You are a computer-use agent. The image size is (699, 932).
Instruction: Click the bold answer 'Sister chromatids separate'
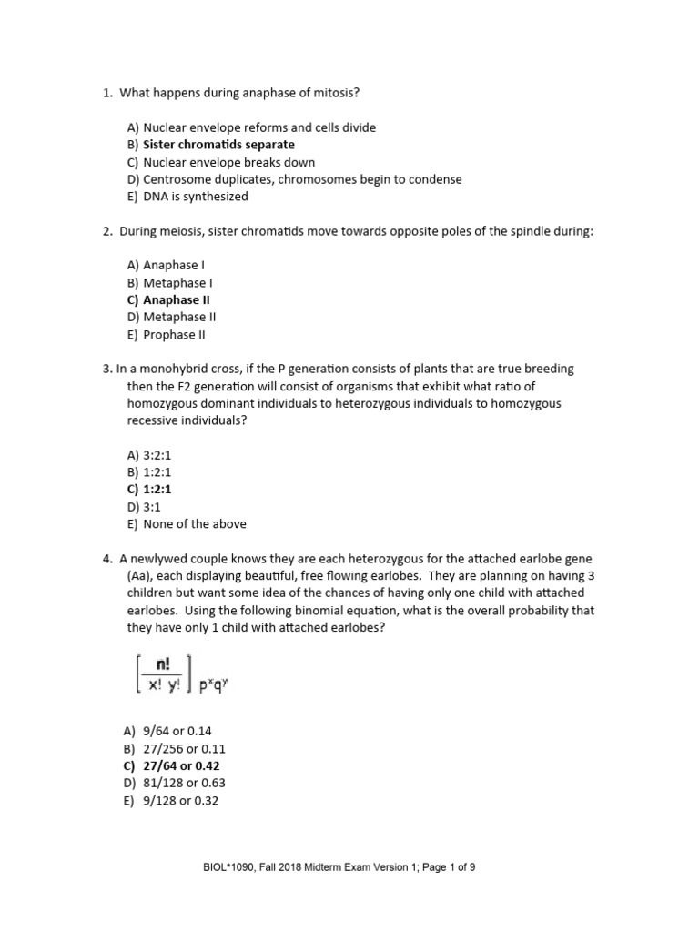click(218, 145)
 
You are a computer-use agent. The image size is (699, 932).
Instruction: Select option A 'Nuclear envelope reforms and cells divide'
click(258, 127)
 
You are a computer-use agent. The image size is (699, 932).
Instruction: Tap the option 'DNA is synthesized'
click(195, 197)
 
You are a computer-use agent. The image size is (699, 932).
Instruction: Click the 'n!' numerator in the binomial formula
click(164, 664)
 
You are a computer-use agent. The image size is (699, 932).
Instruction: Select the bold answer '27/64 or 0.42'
click(181, 766)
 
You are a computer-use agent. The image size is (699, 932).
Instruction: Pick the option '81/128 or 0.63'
click(184, 784)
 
